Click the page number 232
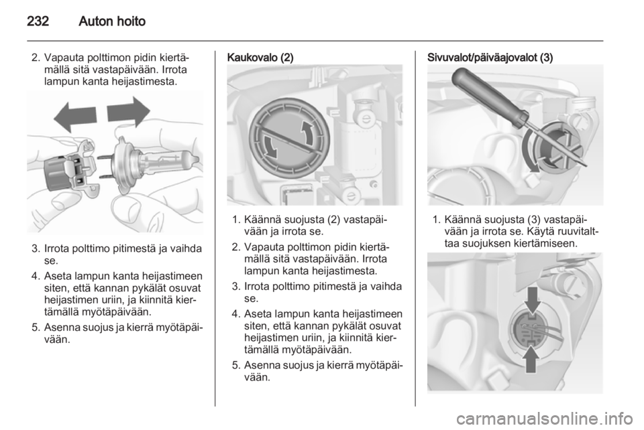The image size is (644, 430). (38, 21)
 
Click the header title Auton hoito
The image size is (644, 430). (112, 21)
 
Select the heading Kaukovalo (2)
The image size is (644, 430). (260, 58)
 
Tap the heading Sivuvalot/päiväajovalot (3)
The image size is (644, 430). (490, 58)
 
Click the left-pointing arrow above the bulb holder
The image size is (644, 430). (75, 116)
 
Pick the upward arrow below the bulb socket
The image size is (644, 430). (532, 360)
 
